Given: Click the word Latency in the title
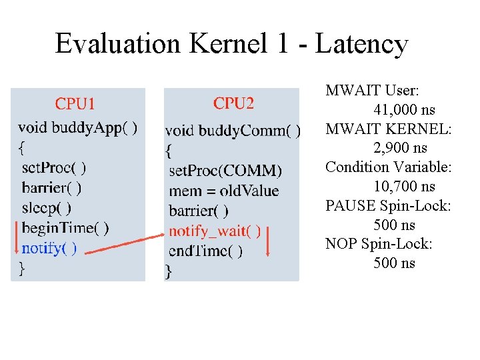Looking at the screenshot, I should [x=361, y=45].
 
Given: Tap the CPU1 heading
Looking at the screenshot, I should [x=75, y=103].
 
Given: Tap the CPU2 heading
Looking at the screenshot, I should [x=233, y=103].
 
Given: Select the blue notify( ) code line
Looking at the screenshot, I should [x=49, y=248].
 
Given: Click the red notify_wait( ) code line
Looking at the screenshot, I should [x=214, y=231].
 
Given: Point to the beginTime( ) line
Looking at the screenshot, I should [x=65, y=228].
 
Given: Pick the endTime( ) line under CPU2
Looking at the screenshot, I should [x=206, y=251].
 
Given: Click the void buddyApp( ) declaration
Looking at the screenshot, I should [x=78, y=127].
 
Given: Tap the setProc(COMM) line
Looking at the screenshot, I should [x=225, y=171].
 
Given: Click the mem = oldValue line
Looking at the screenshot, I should [x=224, y=191].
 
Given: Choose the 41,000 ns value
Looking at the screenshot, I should [x=404, y=109].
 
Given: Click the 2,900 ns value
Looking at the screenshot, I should [x=401, y=148].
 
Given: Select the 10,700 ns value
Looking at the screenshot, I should [x=404, y=187].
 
